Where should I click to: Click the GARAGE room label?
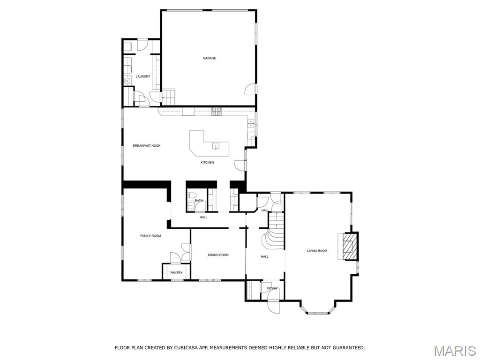click(209, 58)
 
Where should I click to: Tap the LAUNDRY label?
click(143, 76)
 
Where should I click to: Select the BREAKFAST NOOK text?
click(147, 146)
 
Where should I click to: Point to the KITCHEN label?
click(207, 163)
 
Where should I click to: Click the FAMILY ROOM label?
click(150, 236)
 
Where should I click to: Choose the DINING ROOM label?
click(218, 255)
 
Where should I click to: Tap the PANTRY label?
click(176, 273)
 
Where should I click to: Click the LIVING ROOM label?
click(317, 251)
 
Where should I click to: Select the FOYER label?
click(272, 288)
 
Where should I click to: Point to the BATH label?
click(199, 201)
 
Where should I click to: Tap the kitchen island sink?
click(216, 146)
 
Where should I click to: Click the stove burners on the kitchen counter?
click(216, 111)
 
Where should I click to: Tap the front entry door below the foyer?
click(273, 306)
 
